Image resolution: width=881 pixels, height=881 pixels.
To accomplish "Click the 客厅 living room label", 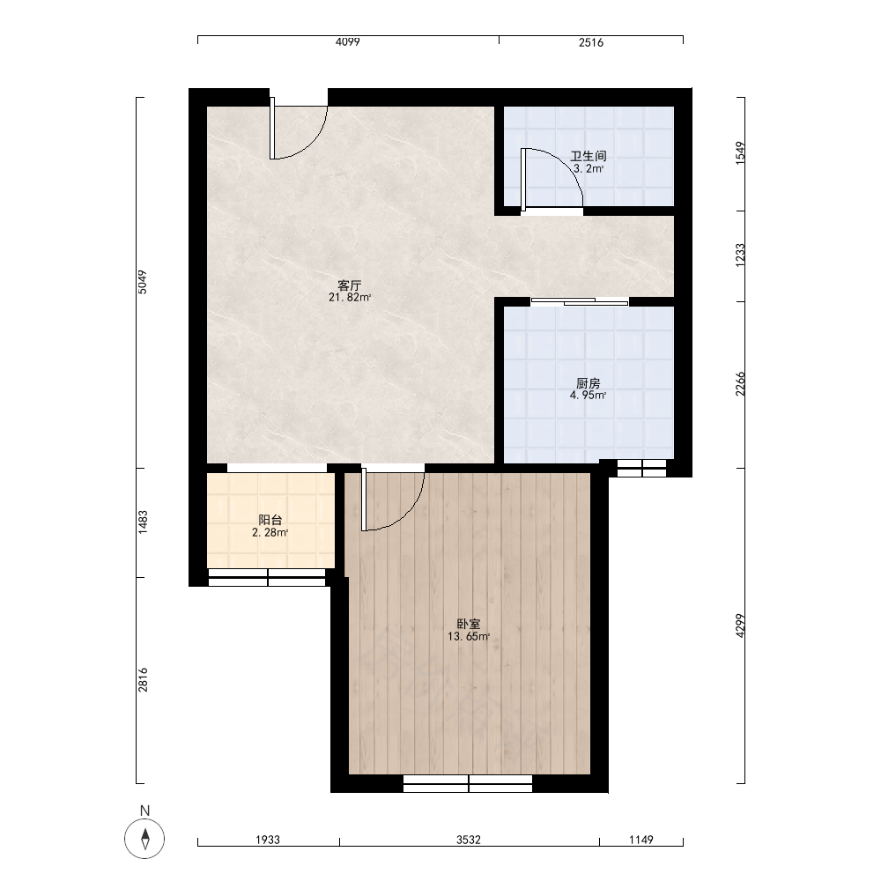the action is click(349, 285).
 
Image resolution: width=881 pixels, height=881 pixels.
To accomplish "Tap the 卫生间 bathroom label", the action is click(589, 156).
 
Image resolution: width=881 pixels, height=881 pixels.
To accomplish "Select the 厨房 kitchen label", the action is click(589, 383).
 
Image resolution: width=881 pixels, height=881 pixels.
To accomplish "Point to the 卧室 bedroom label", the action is click(469, 625).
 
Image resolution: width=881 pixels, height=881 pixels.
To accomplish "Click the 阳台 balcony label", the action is click(270, 520).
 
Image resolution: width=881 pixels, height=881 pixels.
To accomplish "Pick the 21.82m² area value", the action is click(350, 298).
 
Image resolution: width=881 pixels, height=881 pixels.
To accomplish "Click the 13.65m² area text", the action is click(469, 637).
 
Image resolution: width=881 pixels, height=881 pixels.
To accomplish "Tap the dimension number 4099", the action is click(347, 42).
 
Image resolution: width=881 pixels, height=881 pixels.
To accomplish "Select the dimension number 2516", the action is click(591, 42).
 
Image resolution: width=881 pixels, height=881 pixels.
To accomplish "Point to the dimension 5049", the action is click(143, 282).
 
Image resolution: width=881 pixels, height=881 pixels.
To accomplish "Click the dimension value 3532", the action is click(469, 840).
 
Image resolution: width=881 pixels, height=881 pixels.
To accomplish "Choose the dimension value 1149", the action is click(641, 840).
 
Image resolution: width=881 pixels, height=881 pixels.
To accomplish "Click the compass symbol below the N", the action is click(145, 839).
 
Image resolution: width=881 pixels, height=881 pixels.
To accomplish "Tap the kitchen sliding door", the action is click(580, 301).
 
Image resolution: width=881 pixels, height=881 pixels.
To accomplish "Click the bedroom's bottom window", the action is click(468, 784).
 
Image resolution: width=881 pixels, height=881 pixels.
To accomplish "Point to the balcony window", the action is click(268, 578).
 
